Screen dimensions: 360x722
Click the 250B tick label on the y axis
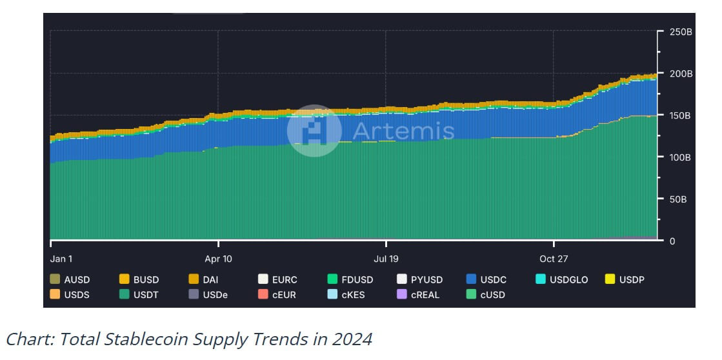pos(680,32)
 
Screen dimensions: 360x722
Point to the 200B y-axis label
pos(680,74)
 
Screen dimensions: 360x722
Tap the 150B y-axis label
pos(680,115)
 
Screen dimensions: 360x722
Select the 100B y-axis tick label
pos(680,157)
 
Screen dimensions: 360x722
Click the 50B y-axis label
pos(677,199)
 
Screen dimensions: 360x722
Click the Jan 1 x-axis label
pos(61,259)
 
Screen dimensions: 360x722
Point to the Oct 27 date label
pos(554,259)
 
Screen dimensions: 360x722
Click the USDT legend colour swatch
pos(125,295)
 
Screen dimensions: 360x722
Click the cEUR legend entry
pos(277,295)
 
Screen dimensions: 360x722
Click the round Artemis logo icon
pos(314,131)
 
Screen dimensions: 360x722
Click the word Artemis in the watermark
pos(403,131)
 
